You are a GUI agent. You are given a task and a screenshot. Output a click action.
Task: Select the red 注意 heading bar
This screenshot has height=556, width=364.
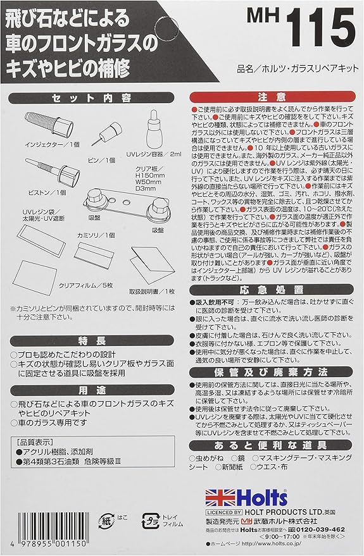[x=272, y=97]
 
